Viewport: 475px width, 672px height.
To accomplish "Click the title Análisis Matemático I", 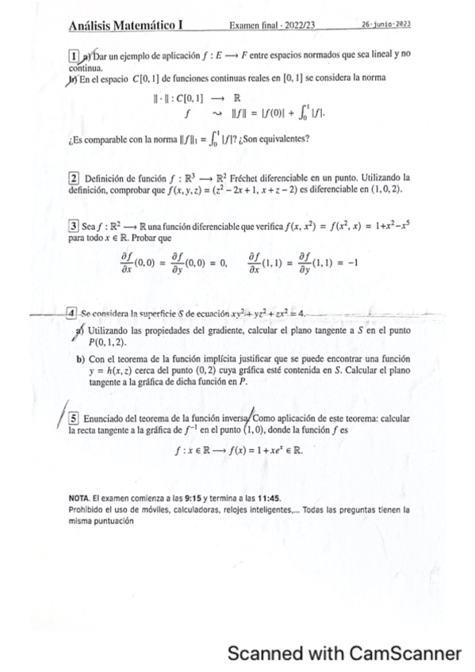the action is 126,26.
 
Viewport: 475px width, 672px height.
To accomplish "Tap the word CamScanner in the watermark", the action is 405,654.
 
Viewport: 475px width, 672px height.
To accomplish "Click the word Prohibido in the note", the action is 87,510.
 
